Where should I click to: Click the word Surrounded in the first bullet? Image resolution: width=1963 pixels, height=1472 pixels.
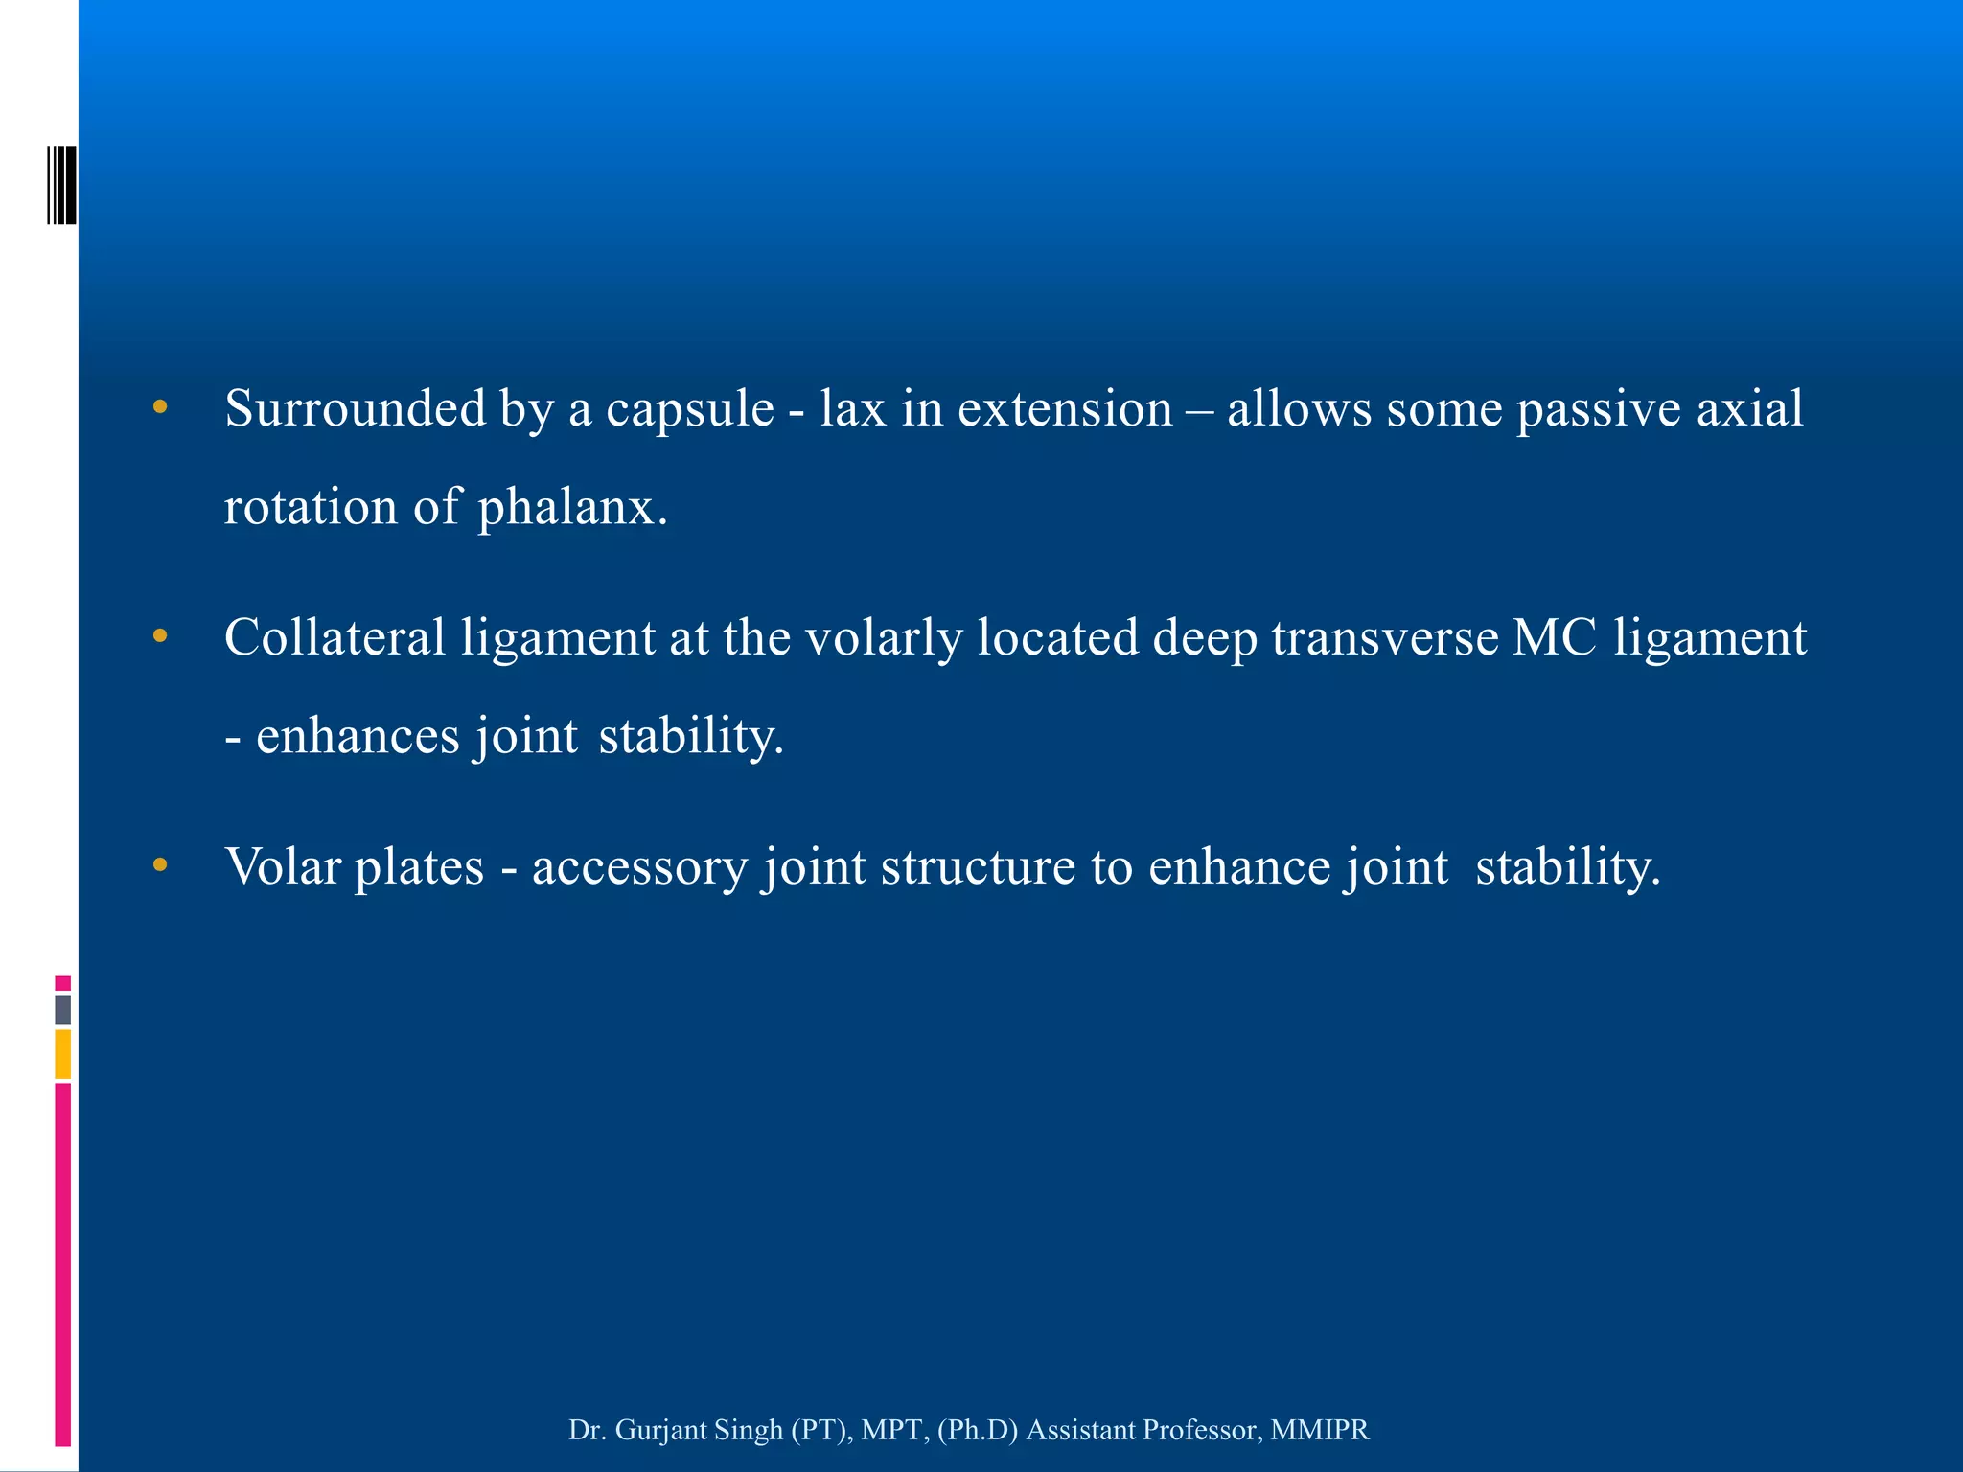[x=355, y=409]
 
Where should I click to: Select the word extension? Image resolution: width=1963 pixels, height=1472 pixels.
[x=1065, y=409]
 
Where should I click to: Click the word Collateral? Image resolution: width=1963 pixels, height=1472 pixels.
[x=335, y=638]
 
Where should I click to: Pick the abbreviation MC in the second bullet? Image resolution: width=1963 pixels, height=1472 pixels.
[x=1554, y=638]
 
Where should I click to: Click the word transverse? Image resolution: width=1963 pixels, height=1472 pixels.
[x=1384, y=638]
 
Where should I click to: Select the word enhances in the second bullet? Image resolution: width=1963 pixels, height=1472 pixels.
[x=358, y=736]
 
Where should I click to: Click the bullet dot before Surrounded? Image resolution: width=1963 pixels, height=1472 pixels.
[x=160, y=408]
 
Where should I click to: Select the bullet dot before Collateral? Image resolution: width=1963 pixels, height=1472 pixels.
[x=160, y=636]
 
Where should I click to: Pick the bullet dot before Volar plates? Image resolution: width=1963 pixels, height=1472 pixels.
[x=160, y=865]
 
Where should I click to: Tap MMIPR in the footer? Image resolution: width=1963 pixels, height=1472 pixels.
[x=1320, y=1430]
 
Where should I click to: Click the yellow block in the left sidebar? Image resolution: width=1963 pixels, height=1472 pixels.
[x=62, y=1054]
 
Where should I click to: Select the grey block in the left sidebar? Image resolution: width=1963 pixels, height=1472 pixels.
[x=62, y=1010]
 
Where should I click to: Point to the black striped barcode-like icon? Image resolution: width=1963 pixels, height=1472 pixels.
[x=61, y=185]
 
